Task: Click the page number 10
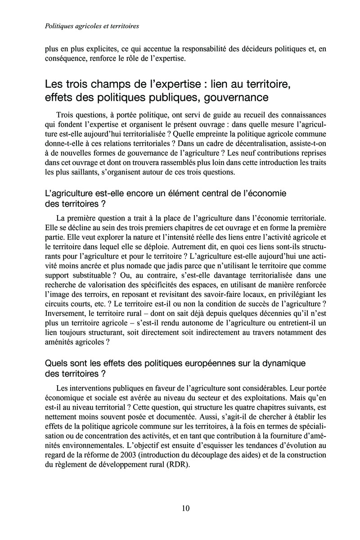(186, 508)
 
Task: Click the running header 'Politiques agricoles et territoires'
(92, 26)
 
